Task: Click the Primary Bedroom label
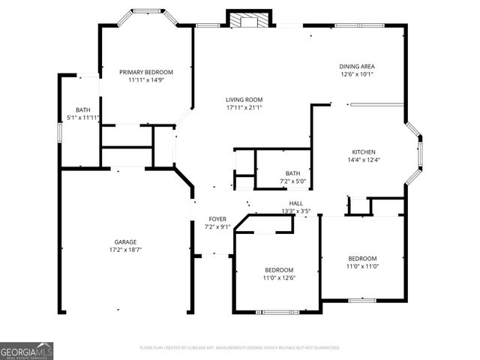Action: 146,72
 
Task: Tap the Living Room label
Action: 244,100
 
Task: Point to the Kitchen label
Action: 364,151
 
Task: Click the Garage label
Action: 125,241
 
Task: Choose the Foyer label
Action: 217,219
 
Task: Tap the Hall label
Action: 295,203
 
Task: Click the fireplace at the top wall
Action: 243,19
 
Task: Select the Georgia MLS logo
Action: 27,350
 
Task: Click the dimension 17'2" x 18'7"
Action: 125,250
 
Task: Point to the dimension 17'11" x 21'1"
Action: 244,107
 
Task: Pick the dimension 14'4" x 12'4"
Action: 364,160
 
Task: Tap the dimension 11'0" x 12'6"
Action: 279,278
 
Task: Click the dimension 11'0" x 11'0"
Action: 361,266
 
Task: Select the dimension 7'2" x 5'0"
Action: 292,181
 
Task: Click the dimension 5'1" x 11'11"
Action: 83,118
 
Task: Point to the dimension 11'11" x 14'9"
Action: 146,80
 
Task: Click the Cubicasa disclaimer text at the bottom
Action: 240,348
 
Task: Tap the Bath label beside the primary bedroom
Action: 82,109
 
